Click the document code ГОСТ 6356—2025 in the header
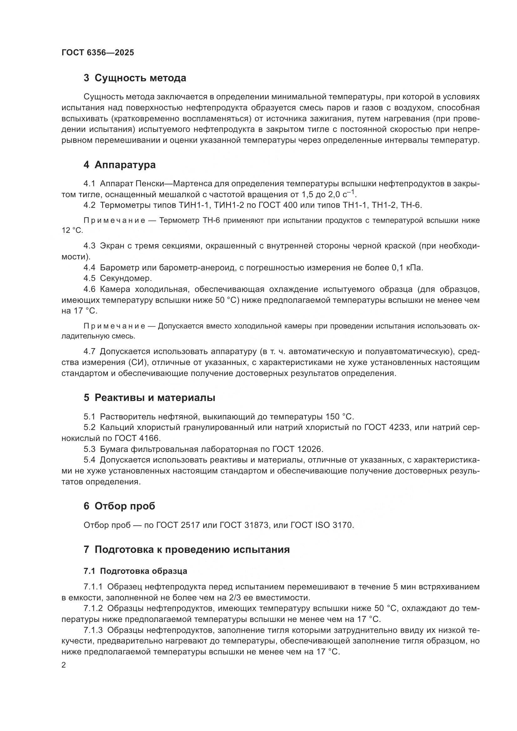[98, 53]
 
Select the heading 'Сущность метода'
[140, 78]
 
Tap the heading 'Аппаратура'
[125, 165]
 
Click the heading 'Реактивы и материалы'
[155, 398]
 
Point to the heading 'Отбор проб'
[124, 506]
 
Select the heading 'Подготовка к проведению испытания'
[192, 549]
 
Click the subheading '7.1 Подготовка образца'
[135, 571]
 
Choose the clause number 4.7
[89, 352]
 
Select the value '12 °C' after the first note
[72, 231]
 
